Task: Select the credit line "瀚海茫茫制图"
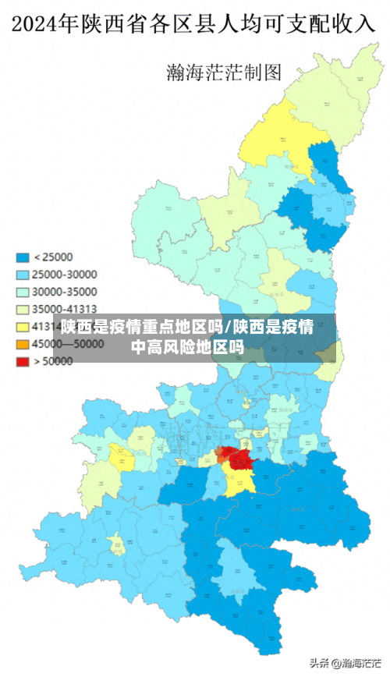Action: tap(223, 73)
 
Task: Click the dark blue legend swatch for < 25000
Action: tap(23, 257)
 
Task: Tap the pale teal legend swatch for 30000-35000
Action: tap(23, 291)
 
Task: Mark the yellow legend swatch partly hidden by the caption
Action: tap(23, 326)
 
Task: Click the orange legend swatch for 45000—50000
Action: tap(23, 344)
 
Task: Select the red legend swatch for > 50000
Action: tap(23, 361)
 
